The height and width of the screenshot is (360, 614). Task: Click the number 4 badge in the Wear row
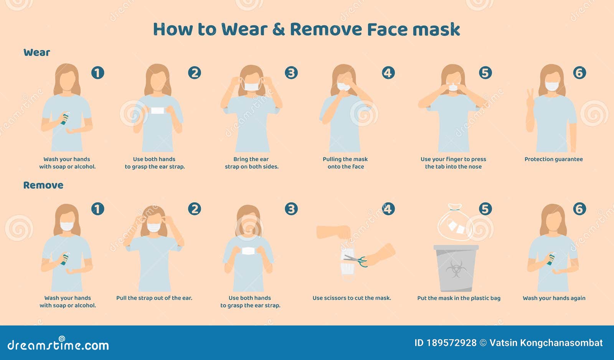[388, 73]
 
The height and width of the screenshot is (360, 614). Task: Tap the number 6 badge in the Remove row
[579, 209]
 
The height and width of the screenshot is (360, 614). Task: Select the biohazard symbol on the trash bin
[456, 269]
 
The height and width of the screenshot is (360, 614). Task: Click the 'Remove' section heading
[43, 185]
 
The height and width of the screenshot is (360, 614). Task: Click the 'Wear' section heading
[36, 53]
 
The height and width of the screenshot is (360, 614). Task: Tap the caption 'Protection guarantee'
[553, 159]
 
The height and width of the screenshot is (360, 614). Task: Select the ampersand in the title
[278, 30]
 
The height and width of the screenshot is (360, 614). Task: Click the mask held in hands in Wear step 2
[157, 111]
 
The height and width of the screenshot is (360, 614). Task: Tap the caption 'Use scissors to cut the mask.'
[352, 298]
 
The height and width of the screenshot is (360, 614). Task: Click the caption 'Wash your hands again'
[554, 298]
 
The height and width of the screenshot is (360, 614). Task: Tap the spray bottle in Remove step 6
[551, 259]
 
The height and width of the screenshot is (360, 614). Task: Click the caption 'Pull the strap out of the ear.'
[154, 298]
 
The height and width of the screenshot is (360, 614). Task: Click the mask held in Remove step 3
[249, 251]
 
